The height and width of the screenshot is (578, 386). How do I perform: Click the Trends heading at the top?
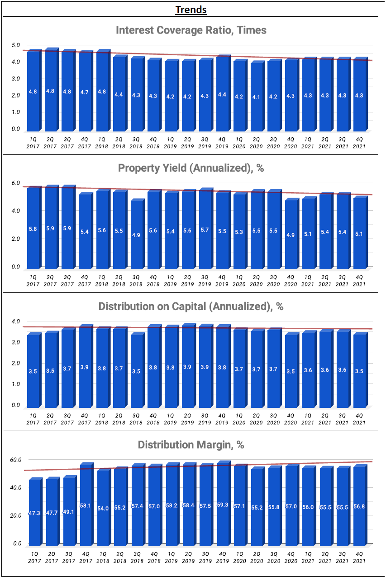[191, 10]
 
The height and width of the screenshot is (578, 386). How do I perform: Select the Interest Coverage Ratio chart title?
[191, 30]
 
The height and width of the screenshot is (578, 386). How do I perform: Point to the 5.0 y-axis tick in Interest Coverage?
[16, 45]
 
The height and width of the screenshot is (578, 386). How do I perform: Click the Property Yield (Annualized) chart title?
[191, 168]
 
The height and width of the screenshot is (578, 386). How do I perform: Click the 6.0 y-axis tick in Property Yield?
[16, 183]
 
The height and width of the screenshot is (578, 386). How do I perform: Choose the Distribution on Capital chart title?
[191, 306]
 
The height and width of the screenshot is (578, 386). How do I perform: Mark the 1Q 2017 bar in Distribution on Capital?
[33, 370]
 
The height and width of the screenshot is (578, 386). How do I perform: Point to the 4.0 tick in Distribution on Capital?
[16, 321]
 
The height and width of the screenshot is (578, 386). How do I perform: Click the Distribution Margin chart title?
[191, 445]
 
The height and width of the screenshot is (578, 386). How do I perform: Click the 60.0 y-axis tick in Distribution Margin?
[16, 460]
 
